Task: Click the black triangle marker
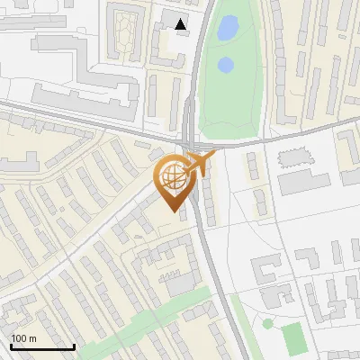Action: [182, 24]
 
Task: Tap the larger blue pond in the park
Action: [227, 29]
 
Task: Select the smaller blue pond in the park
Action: [225, 65]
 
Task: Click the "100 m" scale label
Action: [23, 338]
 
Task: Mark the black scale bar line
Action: [41, 346]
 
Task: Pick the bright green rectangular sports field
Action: [293, 337]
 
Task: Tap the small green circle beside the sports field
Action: [267, 323]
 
